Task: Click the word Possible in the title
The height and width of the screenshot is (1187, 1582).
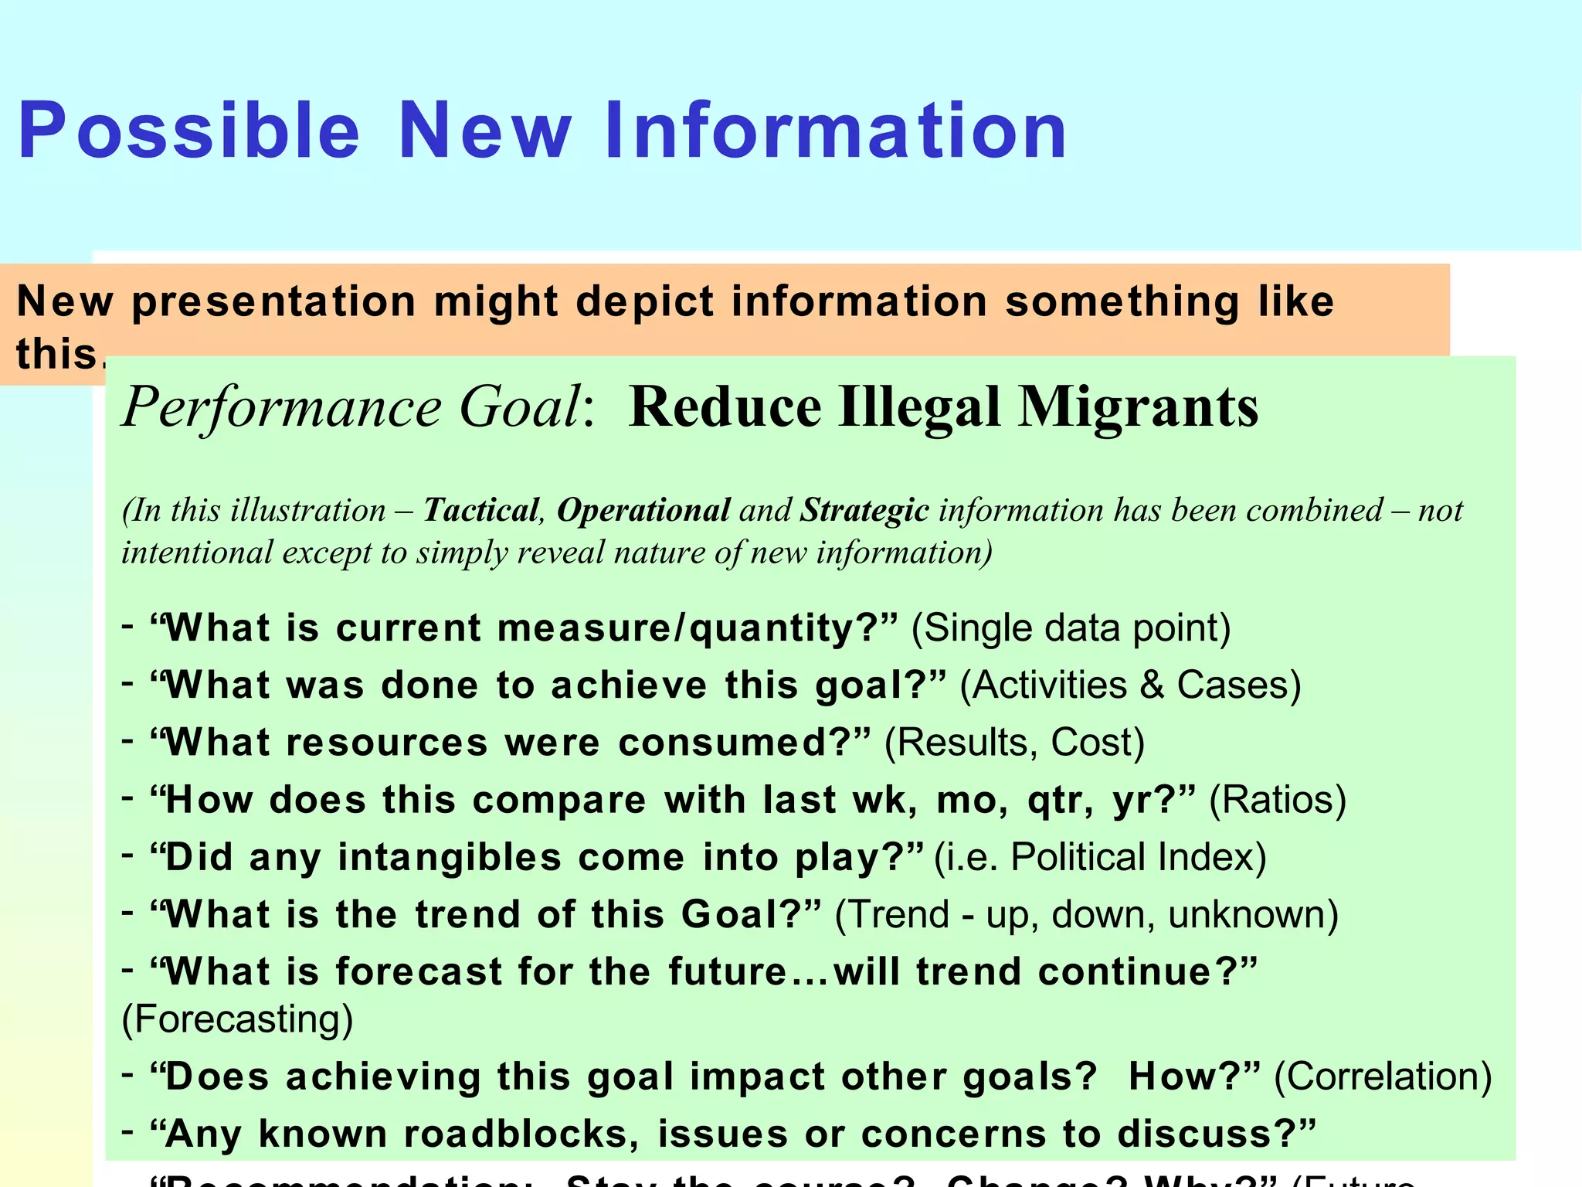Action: point(188,131)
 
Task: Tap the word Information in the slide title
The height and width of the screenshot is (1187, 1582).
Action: point(836,131)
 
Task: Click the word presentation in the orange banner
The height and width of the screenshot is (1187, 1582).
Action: point(274,301)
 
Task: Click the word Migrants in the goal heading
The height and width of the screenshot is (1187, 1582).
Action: point(1138,406)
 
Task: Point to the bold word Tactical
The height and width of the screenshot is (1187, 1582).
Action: point(481,511)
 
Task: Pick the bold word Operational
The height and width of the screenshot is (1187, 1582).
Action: point(643,511)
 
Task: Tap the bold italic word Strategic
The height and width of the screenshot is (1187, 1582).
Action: point(864,511)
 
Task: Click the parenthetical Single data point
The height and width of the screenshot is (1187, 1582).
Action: point(1071,628)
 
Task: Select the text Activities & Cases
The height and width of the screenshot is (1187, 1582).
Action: point(1130,685)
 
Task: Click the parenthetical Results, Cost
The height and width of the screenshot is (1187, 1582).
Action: point(1014,742)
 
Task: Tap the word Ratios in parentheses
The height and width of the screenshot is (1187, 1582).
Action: point(1278,800)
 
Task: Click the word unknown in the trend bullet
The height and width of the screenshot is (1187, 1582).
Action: point(1247,914)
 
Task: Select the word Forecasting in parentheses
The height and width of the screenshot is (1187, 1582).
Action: point(237,1019)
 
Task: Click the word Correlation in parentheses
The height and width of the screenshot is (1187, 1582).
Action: point(1383,1076)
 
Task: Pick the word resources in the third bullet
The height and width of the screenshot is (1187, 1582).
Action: point(387,742)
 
